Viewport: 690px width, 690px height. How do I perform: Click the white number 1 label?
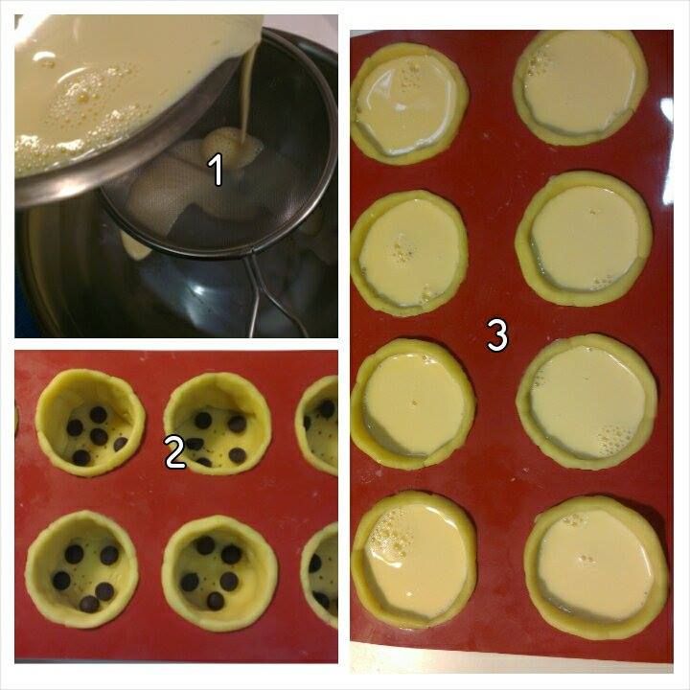(217, 171)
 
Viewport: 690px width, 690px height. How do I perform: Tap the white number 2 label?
(174, 452)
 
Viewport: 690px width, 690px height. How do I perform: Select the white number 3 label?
(497, 335)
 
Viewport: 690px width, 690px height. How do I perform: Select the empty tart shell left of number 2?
(90, 423)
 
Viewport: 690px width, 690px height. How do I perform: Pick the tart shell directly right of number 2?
(217, 424)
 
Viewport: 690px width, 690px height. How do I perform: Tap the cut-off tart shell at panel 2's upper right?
(317, 425)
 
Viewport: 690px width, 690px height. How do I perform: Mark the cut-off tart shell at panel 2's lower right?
(319, 574)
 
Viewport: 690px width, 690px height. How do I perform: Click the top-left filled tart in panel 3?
(410, 104)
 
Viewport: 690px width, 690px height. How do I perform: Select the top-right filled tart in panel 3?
(581, 87)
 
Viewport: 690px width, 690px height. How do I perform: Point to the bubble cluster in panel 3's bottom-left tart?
(393, 532)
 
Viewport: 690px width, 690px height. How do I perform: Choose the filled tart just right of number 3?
(586, 402)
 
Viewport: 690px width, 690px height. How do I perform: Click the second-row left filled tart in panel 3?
(409, 253)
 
